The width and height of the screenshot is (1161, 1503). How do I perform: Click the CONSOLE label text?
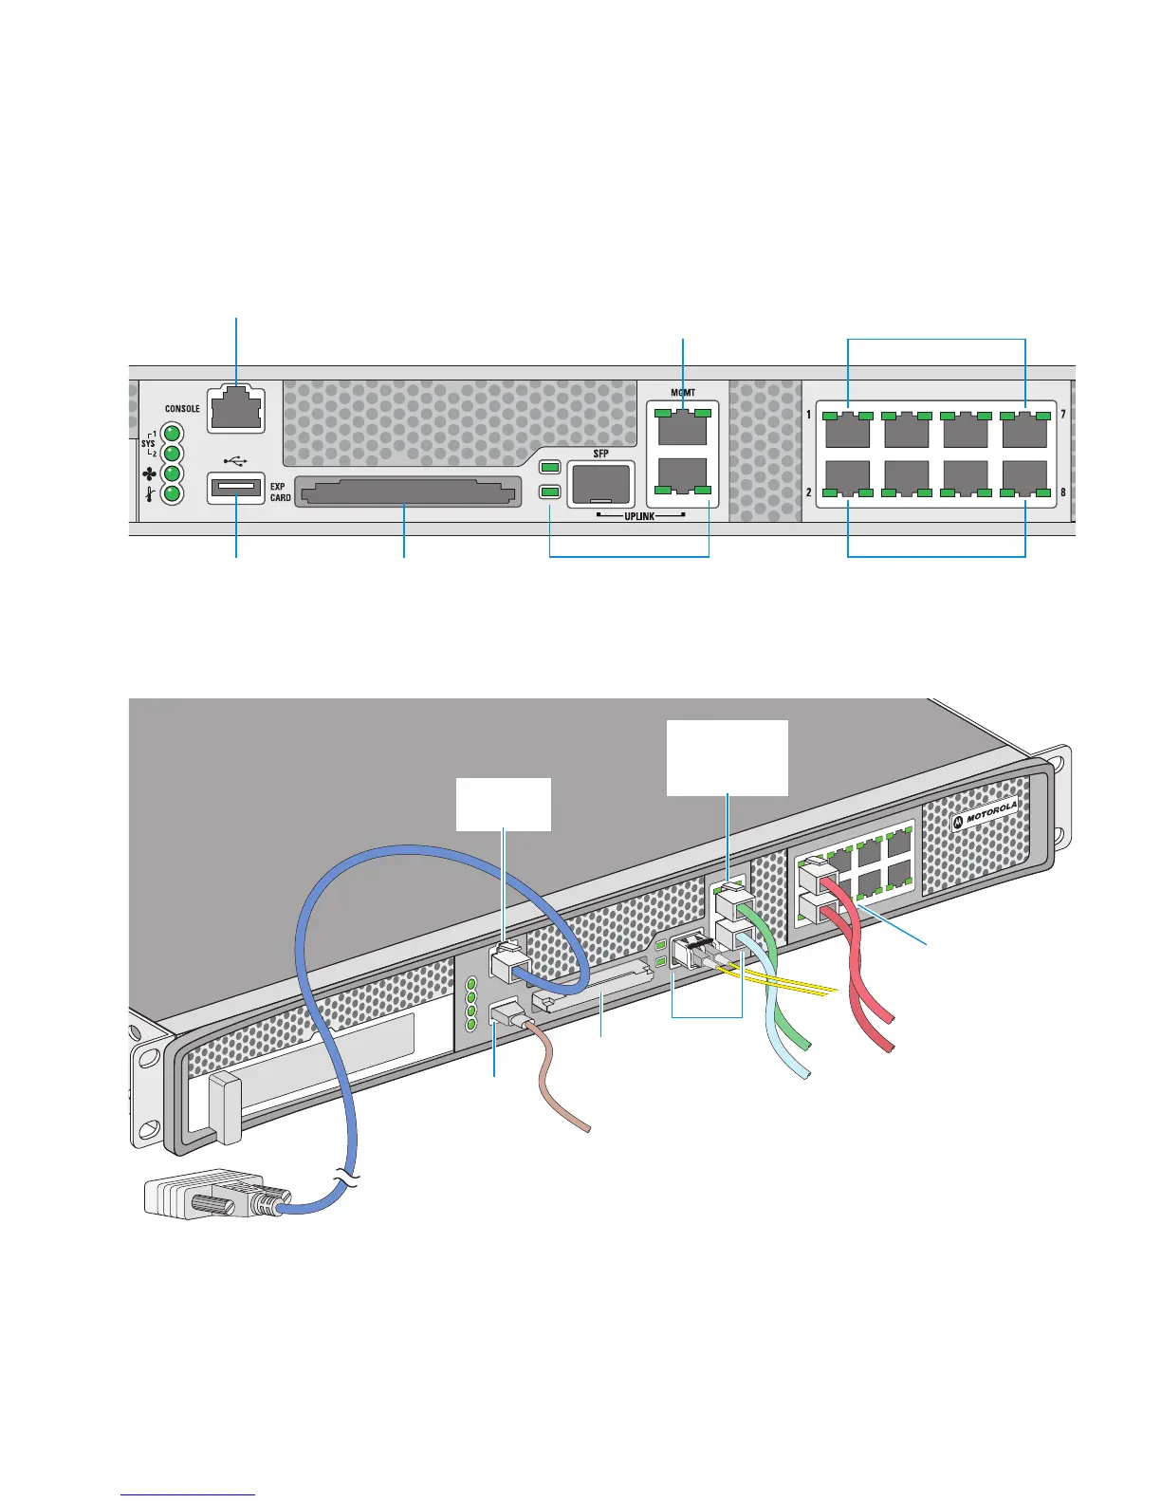coord(182,409)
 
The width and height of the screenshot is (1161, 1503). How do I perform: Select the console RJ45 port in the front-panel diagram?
coord(236,410)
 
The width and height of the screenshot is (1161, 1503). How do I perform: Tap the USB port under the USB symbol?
coord(236,488)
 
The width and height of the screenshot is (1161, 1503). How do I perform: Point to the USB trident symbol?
coord(236,460)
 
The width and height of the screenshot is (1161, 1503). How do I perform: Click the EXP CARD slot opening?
coord(408,492)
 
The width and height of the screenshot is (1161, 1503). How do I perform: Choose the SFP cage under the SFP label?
coord(601,484)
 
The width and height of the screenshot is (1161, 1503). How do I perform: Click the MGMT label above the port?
coord(683,393)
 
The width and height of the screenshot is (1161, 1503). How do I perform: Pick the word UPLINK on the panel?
coord(639,516)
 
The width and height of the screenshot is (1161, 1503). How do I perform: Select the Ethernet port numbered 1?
coord(848,430)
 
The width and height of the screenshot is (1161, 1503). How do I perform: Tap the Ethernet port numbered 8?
coord(1024,478)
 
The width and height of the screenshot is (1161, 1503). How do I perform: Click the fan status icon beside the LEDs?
coord(149,474)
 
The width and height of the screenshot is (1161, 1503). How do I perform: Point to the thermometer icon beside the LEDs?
coord(149,494)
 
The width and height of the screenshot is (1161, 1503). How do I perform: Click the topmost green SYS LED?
coord(173,434)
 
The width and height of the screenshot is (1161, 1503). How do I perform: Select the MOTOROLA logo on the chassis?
coord(986,816)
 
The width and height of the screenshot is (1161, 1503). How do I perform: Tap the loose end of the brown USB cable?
coord(587,1129)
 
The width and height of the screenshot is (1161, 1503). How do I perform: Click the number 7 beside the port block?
coord(1062,415)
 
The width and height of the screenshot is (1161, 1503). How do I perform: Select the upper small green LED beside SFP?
coord(550,468)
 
